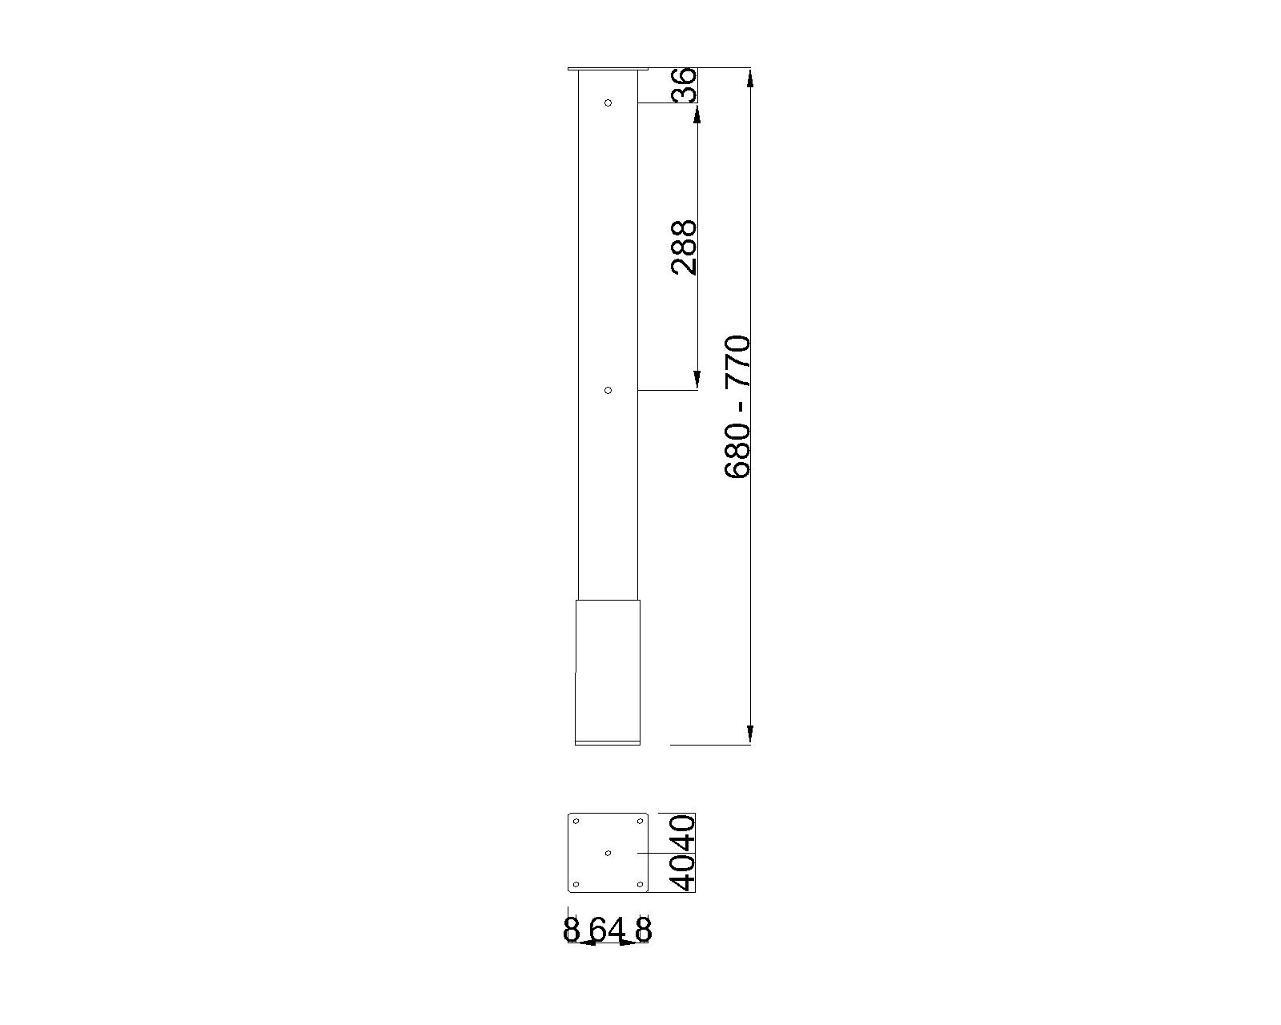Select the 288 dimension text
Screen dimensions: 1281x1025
[684, 247]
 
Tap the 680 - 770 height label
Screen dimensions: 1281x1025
[737, 407]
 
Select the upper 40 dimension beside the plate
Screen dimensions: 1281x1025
[682, 833]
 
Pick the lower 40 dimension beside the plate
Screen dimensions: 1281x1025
[682, 873]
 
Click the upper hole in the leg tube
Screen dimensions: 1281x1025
[608, 103]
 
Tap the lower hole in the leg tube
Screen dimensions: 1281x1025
[608, 390]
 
